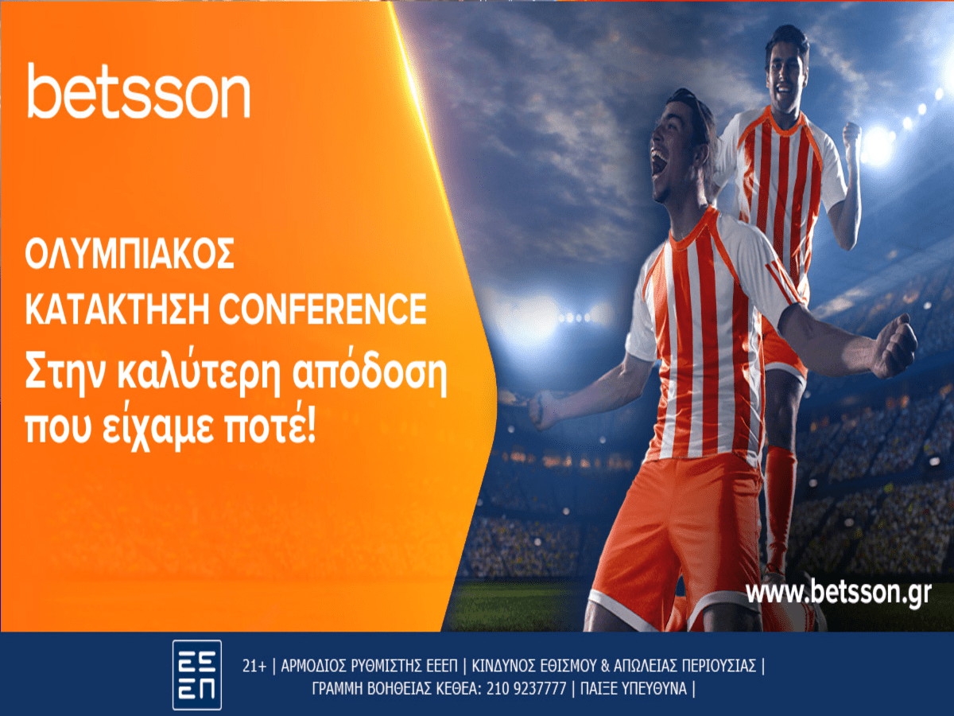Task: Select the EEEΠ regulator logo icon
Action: coord(197,675)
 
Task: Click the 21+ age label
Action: coord(254,666)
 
